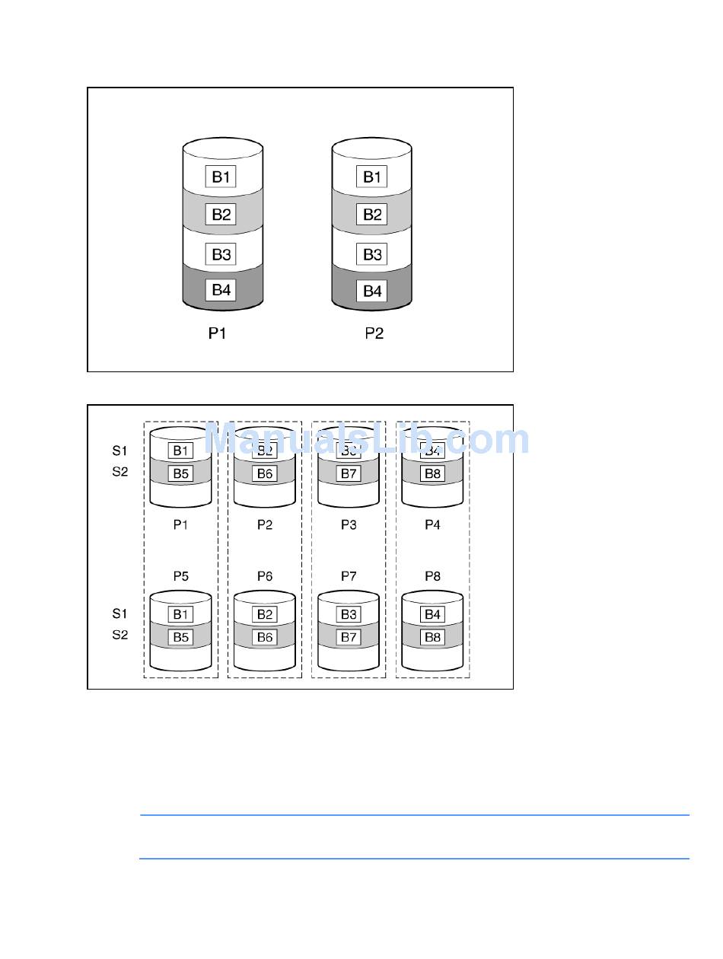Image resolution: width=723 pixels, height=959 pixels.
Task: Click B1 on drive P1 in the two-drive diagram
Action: tap(221, 177)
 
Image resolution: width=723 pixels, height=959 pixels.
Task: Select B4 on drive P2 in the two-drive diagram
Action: tap(372, 291)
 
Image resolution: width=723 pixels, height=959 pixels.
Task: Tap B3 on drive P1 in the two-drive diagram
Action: tap(221, 254)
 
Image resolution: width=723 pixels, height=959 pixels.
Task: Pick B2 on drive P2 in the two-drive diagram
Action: tap(372, 215)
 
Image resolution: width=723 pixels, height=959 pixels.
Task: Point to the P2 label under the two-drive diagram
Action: tap(374, 333)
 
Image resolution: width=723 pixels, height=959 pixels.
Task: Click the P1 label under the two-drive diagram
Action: tap(218, 333)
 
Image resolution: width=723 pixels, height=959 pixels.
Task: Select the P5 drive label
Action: tap(180, 576)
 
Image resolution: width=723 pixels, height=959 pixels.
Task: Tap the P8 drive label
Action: tap(432, 576)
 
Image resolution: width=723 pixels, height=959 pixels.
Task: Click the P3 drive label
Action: tap(348, 524)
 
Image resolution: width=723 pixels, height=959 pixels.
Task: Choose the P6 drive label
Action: tap(264, 576)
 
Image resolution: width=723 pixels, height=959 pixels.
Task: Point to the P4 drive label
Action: tap(432, 524)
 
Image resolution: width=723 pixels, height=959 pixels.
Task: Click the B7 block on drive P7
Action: tap(349, 637)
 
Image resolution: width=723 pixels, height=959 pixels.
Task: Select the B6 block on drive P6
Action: tap(265, 637)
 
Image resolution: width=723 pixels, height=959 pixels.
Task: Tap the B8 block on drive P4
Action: tap(432, 473)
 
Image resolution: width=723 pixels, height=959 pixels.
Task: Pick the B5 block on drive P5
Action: tap(180, 637)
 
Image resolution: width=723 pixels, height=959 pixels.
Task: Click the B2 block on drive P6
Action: tap(265, 614)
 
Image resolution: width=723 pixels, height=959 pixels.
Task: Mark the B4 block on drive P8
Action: tap(432, 614)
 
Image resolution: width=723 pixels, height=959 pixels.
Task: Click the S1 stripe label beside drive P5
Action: tap(120, 613)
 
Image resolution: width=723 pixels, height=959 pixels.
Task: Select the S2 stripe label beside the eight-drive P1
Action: tap(120, 472)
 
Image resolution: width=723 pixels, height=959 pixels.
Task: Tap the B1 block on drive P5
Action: tap(180, 614)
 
